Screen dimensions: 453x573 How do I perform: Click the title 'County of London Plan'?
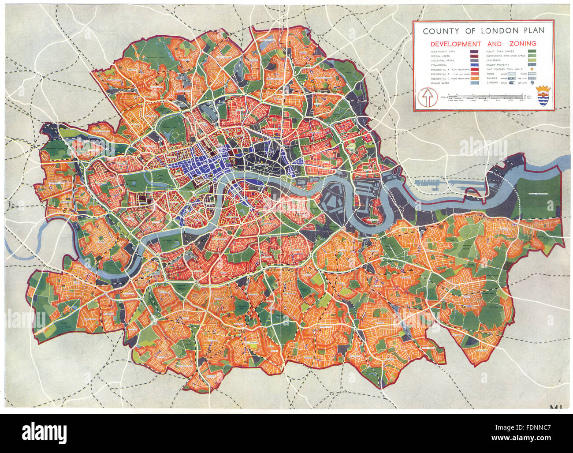tap(483, 31)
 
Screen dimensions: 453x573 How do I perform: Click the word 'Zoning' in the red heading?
tap(522, 44)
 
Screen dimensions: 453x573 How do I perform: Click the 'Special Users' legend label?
tap(441, 56)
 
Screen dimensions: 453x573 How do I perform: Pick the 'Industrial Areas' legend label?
tap(442, 60)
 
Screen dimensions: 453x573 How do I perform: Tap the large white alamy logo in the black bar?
tap(44, 432)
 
